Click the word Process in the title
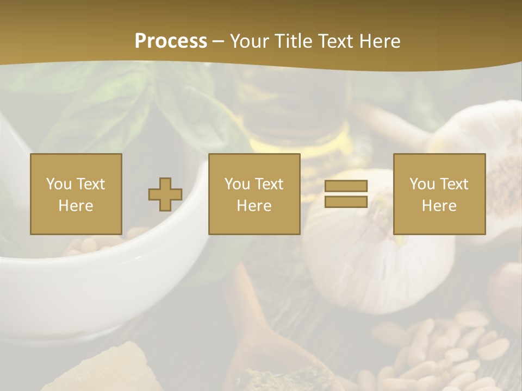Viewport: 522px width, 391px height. tap(171, 41)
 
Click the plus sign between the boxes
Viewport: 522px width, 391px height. tap(165, 194)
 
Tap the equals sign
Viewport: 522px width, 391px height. tap(346, 194)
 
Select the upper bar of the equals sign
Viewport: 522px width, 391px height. tap(346, 186)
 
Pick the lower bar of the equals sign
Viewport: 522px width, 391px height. tap(346, 202)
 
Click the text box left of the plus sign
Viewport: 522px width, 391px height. tap(76, 194)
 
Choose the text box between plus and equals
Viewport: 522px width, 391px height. tap(254, 194)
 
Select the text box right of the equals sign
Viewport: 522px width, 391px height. tap(439, 194)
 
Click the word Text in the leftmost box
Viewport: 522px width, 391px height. tap(90, 184)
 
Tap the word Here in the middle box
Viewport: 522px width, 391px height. tap(254, 206)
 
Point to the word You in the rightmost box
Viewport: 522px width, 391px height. tap(422, 184)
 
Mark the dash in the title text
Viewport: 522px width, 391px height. tap(219, 41)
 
